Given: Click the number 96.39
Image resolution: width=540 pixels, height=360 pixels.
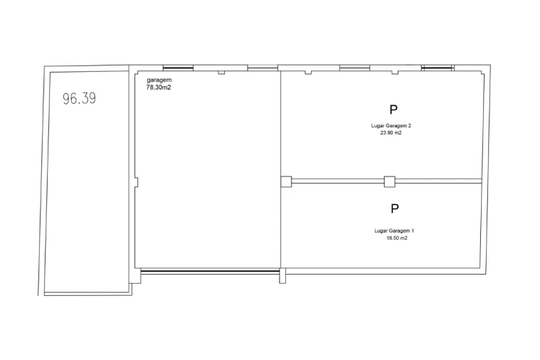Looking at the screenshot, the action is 79,98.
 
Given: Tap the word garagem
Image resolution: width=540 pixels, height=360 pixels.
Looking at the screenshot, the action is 159,80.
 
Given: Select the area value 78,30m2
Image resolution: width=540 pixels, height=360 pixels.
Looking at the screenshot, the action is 159,88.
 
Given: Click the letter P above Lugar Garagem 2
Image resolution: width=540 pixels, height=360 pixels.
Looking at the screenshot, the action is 393,110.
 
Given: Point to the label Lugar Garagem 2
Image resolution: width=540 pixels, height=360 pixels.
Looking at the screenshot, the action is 391,126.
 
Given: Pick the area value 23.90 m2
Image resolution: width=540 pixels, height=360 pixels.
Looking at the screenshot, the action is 391,133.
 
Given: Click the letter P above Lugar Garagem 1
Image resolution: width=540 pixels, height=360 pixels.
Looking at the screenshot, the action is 395,208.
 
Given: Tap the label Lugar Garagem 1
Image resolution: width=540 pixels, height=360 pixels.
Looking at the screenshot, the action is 394,231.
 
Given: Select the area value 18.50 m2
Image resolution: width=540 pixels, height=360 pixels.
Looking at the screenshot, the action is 397,238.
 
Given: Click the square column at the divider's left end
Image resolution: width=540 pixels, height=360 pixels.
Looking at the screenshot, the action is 286,181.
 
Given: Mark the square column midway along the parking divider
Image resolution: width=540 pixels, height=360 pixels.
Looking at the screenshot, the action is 389,181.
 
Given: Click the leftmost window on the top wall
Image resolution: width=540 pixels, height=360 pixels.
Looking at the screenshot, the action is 178,68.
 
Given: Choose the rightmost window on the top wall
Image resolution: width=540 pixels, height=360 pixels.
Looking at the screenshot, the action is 436,68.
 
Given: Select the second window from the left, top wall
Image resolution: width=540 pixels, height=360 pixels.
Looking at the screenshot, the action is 263,68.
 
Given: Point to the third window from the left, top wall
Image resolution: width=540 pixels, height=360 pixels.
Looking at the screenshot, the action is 355,68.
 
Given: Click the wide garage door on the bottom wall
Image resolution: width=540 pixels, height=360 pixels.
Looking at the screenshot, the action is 210,272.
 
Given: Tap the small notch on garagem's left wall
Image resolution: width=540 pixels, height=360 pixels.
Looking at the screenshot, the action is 137,182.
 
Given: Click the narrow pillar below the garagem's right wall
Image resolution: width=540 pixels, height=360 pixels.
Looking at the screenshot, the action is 282,276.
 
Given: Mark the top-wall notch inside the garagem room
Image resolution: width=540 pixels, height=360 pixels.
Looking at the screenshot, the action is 221,73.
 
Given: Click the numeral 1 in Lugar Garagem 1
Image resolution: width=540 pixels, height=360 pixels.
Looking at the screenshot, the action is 413,231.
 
